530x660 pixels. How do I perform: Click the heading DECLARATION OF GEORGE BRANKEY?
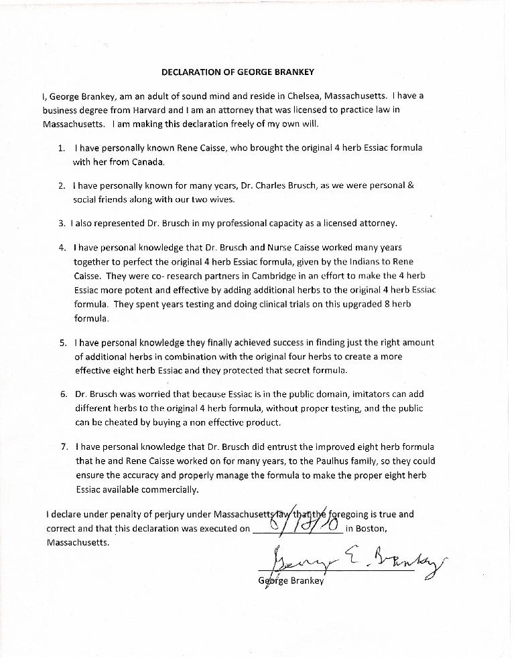coord(238,72)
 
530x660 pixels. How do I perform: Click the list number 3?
coord(61,223)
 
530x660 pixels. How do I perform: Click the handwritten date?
coord(299,522)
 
